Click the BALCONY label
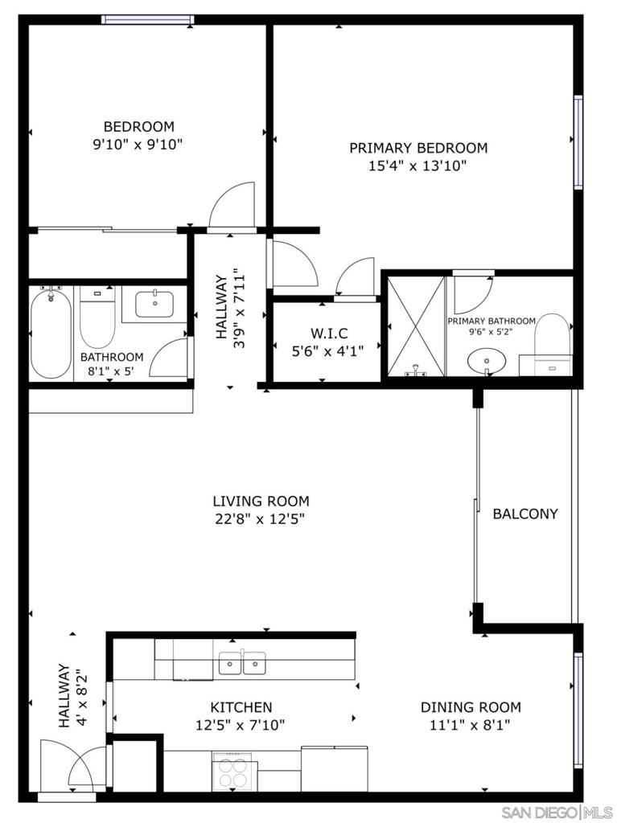pyautogui.click(x=525, y=514)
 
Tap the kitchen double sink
pyautogui.click(x=242, y=663)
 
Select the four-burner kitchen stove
pyautogui.click(x=232, y=772)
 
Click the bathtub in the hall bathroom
pyautogui.click(x=51, y=333)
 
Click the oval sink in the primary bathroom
pyautogui.click(x=487, y=362)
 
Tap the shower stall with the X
pyautogui.click(x=416, y=326)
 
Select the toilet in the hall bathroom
pyautogui.click(x=97, y=317)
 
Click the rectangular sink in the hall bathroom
pyautogui.click(x=154, y=304)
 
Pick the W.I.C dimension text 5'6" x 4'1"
pyautogui.click(x=328, y=350)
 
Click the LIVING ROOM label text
pyautogui.click(x=261, y=501)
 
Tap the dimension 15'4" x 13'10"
pyautogui.click(x=418, y=166)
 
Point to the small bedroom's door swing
pyautogui.click(x=232, y=205)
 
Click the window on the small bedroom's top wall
pyautogui.click(x=148, y=19)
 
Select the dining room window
pyautogui.click(x=578, y=710)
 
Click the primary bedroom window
pyautogui.click(x=578, y=141)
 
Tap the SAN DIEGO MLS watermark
pyautogui.click(x=557, y=812)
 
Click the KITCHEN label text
pyautogui.click(x=241, y=707)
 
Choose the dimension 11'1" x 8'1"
pyautogui.click(x=471, y=725)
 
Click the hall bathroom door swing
pyautogui.click(x=169, y=358)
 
